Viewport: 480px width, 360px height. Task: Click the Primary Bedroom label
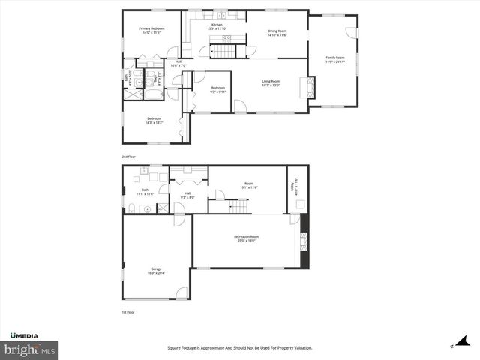[x=151, y=31]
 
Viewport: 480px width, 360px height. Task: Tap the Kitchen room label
[x=217, y=27]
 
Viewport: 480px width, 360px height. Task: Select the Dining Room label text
[x=277, y=33]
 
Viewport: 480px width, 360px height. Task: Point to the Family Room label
[x=334, y=59]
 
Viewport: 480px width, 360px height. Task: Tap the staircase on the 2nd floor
[x=222, y=51]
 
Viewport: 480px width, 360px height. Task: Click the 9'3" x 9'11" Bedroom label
[x=217, y=90]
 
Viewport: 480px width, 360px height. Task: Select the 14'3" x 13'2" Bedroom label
[x=154, y=120]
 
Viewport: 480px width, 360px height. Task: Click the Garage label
[x=157, y=271]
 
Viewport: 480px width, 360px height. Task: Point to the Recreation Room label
[x=246, y=238]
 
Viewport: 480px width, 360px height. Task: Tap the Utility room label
[x=295, y=186]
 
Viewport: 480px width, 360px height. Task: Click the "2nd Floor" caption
[x=129, y=157]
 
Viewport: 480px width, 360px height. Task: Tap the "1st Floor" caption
[x=129, y=312]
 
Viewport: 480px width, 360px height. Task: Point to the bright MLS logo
[x=30, y=349]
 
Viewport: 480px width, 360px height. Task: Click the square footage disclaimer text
[x=239, y=347]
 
